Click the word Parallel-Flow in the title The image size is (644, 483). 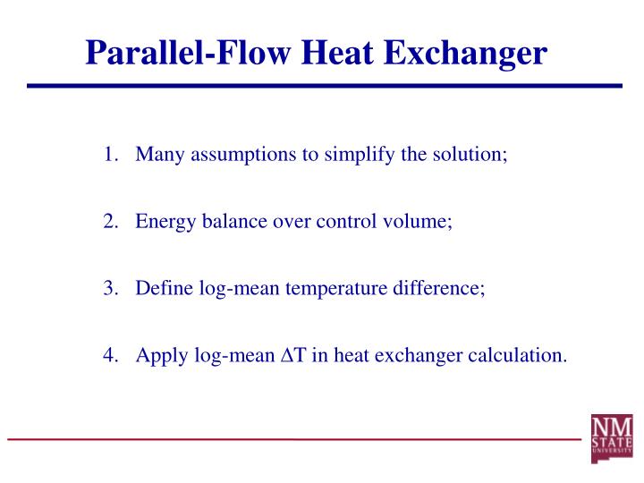(x=189, y=53)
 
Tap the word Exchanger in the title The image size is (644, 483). (x=465, y=53)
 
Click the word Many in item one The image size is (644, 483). (x=157, y=155)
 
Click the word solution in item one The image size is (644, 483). (x=469, y=155)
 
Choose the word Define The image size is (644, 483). (x=161, y=289)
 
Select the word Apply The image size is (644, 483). (x=158, y=355)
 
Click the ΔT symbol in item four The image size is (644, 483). (x=294, y=355)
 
